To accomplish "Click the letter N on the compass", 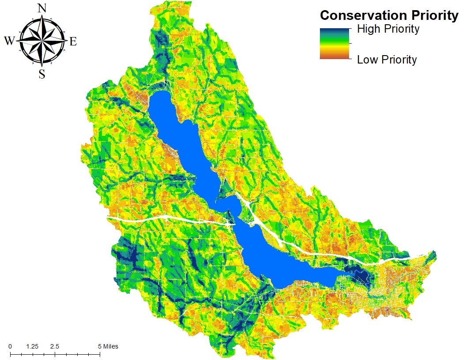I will coord(42,7).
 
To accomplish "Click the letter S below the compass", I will coord(42,74).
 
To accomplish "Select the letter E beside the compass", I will coord(73,41).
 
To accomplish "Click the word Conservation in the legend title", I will coord(365,15).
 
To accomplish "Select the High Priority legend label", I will coord(388,30).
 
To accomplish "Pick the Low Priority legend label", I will coord(387,60).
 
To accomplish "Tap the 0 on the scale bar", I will coord(10,346).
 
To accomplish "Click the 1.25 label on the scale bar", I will coord(32,346).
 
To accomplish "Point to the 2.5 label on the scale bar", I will coord(55,346).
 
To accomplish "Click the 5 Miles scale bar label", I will coord(108,346).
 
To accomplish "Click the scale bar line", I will coord(55,354).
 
